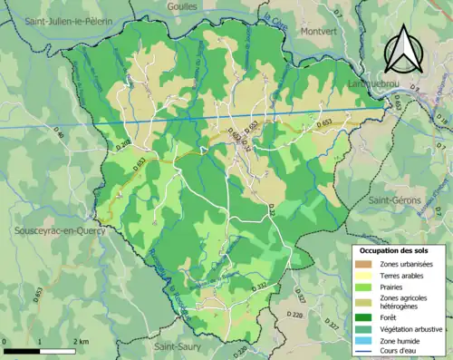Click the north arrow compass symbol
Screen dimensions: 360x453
coord(403,49)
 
